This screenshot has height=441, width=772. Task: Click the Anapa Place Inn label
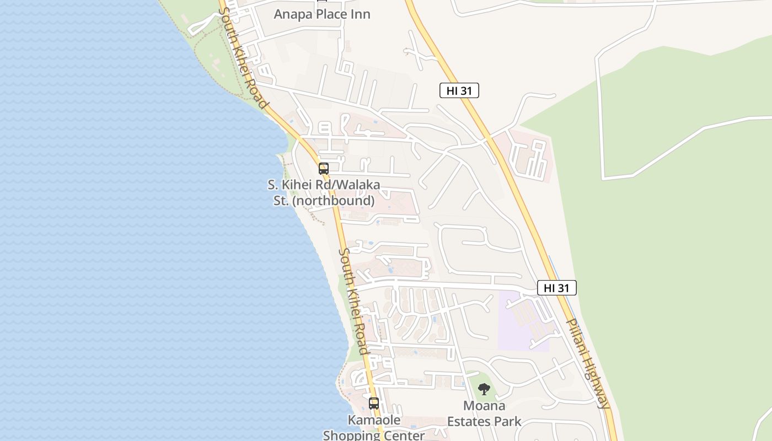pyautogui.click(x=322, y=14)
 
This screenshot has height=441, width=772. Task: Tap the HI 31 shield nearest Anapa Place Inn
pyautogui.click(x=459, y=91)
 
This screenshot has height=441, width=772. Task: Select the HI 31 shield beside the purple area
pyautogui.click(x=556, y=288)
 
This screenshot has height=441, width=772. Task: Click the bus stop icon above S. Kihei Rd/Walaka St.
pyautogui.click(x=324, y=169)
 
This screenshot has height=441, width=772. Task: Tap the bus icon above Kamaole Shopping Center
pyautogui.click(x=374, y=404)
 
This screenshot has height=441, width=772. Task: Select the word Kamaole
pyautogui.click(x=374, y=420)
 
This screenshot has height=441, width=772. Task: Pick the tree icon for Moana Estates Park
pyautogui.click(x=484, y=390)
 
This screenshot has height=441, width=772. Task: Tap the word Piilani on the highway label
pyautogui.click(x=578, y=336)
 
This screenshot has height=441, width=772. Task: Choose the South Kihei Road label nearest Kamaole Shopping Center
pyautogui.click(x=353, y=301)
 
